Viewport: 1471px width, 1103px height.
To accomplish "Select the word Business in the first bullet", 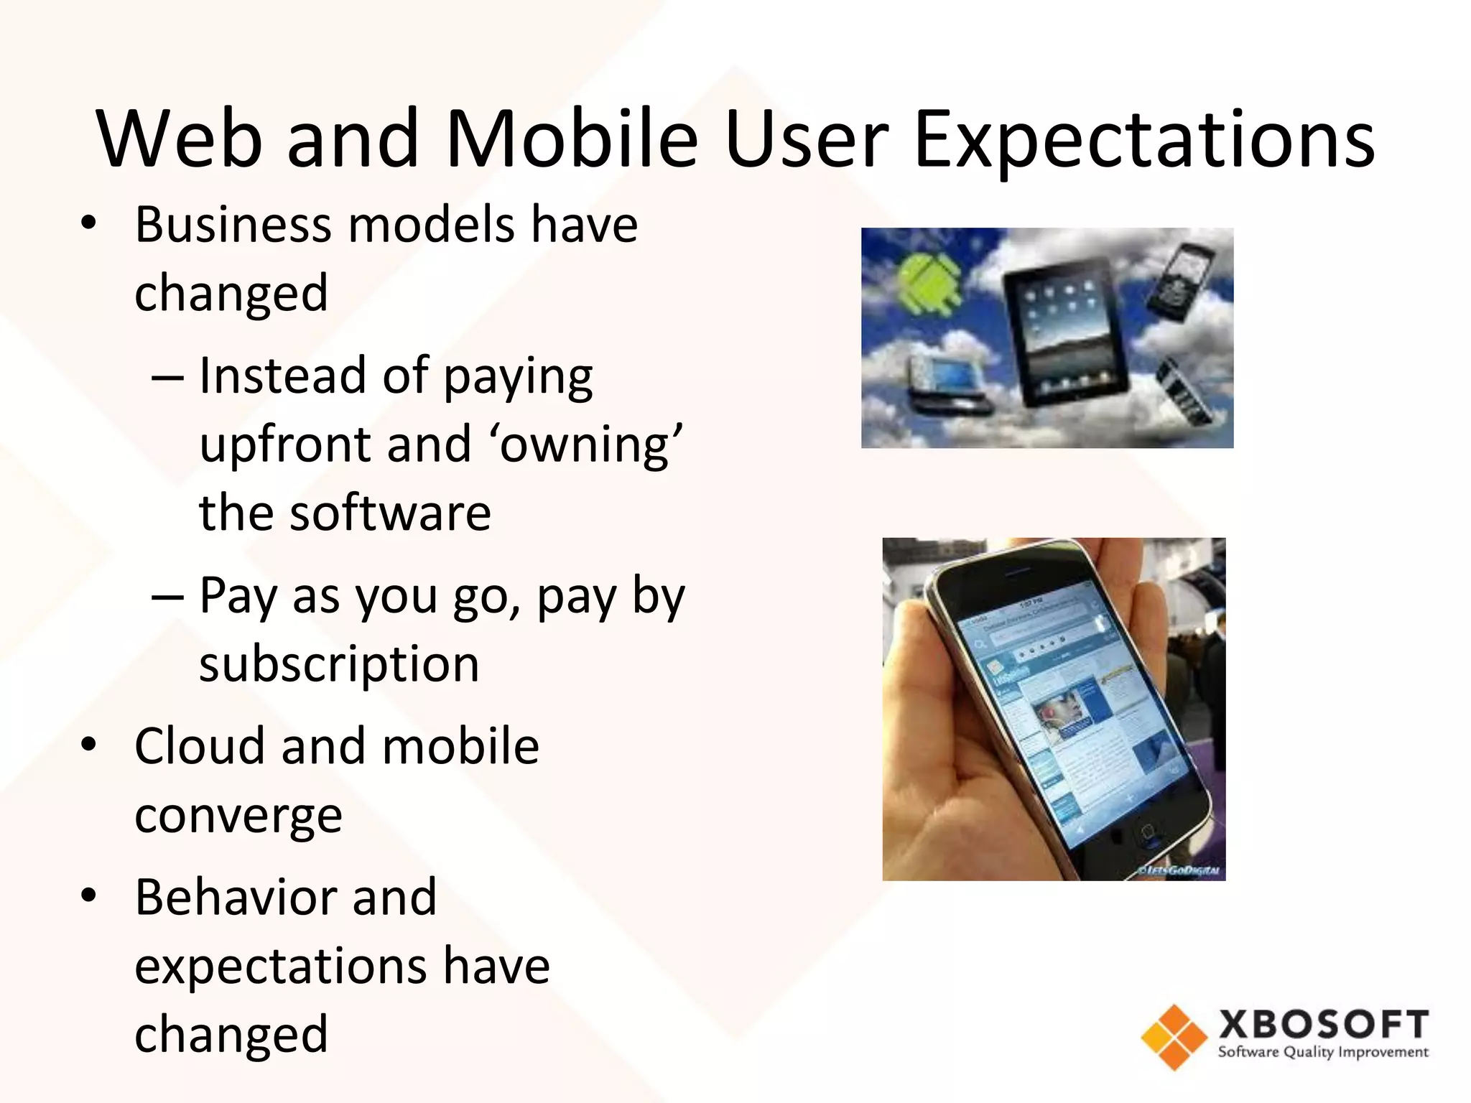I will click(x=231, y=225).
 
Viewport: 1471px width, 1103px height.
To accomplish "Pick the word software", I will click(x=390, y=513).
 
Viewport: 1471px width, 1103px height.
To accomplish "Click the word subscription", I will click(x=338, y=664).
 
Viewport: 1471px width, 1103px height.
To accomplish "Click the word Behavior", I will click(x=285, y=898).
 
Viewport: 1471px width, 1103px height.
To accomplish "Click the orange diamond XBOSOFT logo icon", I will click(x=1174, y=1037).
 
